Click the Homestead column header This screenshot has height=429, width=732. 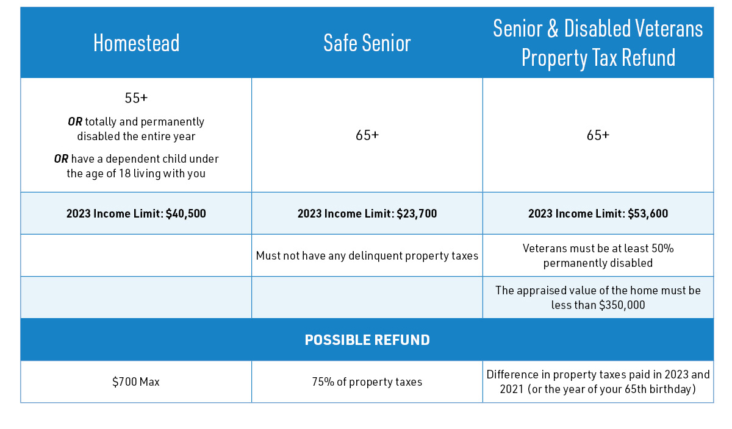pos(136,43)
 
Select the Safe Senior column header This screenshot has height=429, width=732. pos(367,43)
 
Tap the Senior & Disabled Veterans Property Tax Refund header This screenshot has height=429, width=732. pos(598,43)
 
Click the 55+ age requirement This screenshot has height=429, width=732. pos(136,98)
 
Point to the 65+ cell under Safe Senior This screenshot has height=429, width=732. pos(367,135)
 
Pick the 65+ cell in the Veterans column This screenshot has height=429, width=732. pos(598,135)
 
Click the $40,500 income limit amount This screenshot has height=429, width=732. pos(186,214)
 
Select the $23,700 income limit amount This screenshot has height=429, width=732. pos(417,214)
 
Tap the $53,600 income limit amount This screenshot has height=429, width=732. pos(648,214)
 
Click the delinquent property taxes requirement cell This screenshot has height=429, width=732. pos(367,256)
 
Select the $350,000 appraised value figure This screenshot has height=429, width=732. pos(622,305)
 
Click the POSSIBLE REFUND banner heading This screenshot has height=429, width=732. pos(367,340)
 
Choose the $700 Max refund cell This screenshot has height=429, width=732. pos(136,382)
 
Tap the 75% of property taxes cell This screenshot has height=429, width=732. pos(367,382)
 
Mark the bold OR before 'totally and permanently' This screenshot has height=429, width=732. pos(75,122)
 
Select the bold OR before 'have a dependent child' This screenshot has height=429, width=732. pos(61,159)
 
